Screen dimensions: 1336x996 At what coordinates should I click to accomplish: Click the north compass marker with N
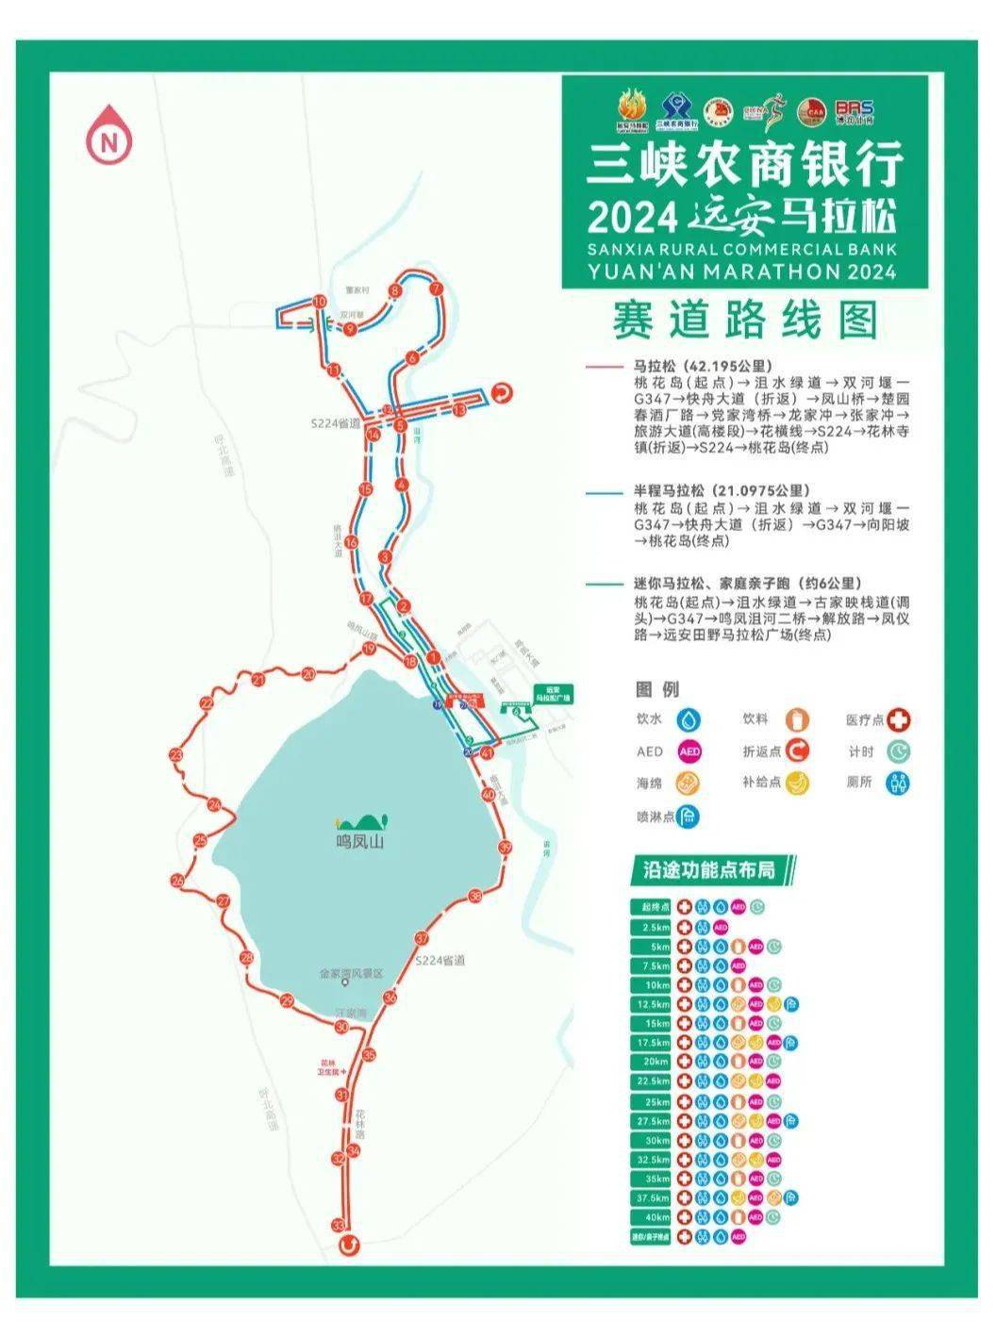pos(110,141)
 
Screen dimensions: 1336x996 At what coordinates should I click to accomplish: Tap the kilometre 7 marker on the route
pos(435,289)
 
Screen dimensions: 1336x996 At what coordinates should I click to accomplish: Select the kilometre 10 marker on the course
pos(319,302)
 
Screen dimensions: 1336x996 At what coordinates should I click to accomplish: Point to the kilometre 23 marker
pos(175,755)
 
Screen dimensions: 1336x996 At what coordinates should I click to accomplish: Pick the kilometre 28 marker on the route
pos(247,959)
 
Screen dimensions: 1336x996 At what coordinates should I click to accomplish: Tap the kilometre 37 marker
pos(421,939)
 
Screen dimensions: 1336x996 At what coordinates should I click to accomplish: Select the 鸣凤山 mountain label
pos(360,843)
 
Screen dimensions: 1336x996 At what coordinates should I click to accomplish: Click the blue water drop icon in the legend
pos(692,720)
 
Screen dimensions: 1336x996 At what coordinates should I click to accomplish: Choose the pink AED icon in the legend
pos(690,751)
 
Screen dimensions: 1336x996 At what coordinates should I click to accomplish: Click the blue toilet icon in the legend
pos(901,783)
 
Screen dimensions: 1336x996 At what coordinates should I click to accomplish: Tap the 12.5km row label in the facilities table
pos(651,1005)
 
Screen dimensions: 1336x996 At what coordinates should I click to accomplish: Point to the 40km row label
pos(651,1217)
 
